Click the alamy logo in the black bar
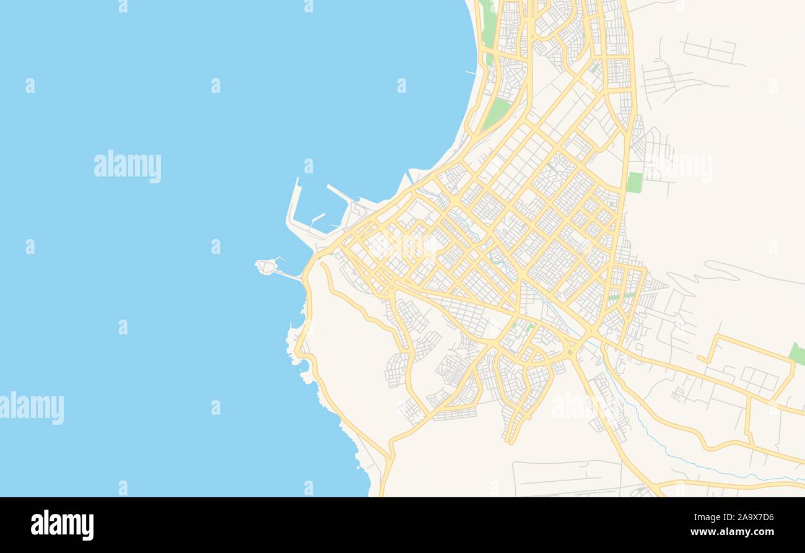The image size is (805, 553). [x=62, y=525]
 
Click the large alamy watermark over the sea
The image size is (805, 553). [x=128, y=167]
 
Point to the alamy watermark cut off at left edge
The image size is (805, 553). [x=32, y=408]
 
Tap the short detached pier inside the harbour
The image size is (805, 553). [x=317, y=217]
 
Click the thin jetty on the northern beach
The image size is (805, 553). [x=471, y=73]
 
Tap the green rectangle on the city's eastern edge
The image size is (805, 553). [x=634, y=182]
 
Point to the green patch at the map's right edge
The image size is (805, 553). [x=798, y=354]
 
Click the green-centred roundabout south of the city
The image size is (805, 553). [x=569, y=352]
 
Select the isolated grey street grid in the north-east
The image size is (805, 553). [x=710, y=50]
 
